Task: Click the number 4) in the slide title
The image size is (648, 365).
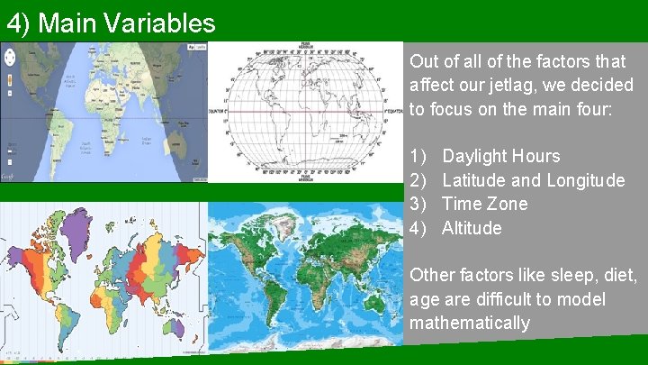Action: click(x=19, y=23)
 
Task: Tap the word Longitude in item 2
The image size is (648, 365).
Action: click(x=586, y=180)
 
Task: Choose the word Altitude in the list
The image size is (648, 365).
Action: click(x=472, y=228)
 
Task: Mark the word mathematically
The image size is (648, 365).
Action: click(x=470, y=323)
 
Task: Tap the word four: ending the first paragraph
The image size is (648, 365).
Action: click(x=589, y=109)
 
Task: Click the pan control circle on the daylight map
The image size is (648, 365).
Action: click(x=10, y=56)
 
